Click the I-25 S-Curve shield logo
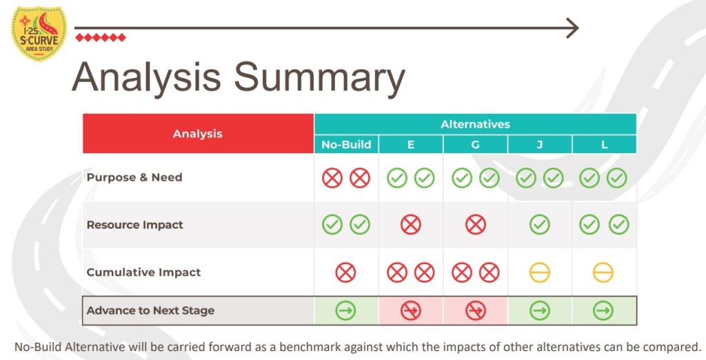point(39,33)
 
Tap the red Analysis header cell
point(198,133)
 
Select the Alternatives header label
point(475,124)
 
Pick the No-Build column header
point(346,145)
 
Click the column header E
point(411,145)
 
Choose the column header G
point(475,145)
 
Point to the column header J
point(539,145)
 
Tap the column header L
point(604,145)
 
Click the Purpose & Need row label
point(134,177)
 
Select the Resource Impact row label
point(135,225)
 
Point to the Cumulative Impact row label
point(143,272)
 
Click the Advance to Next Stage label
point(150,310)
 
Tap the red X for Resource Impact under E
point(411,224)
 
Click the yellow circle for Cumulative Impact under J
point(539,272)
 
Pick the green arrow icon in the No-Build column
point(346,310)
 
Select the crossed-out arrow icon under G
point(475,310)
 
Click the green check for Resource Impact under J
point(539,224)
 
